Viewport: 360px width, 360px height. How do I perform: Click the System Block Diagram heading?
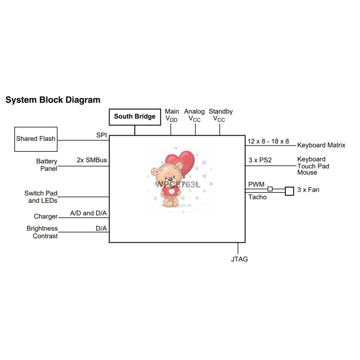[x=53, y=100]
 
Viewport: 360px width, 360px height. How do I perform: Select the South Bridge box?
[x=135, y=117]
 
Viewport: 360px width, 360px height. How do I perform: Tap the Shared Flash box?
[x=35, y=139]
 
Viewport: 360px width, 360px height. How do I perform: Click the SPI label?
[x=101, y=135]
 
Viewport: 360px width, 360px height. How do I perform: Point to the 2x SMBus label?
[x=92, y=160]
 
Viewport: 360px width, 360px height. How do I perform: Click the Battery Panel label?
[x=47, y=165]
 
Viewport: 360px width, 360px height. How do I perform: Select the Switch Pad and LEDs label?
[x=41, y=197]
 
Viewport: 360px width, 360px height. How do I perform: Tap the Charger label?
[x=46, y=217]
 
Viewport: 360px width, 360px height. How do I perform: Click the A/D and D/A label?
[x=88, y=213]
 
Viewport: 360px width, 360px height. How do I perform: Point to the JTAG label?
[x=239, y=259]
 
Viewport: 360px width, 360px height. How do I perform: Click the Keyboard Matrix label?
[x=321, y=146]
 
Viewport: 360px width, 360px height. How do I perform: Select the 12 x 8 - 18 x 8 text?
[x=268, y=141]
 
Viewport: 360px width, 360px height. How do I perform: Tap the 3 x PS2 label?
[x=260, y=160]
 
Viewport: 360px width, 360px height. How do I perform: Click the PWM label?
[x=256, y=184]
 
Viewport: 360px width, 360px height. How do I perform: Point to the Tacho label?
[x=258, y=197]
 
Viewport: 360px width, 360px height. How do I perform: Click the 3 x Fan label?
[x=308, y=190]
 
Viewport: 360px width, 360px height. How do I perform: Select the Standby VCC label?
[x=220, y=115]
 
